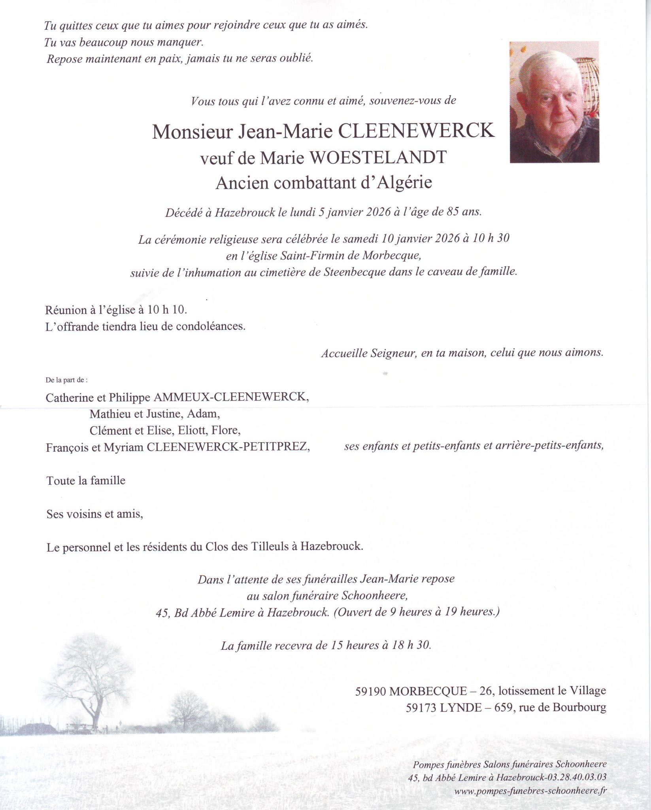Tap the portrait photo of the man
[554, 102]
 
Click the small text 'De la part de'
[66, 380]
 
